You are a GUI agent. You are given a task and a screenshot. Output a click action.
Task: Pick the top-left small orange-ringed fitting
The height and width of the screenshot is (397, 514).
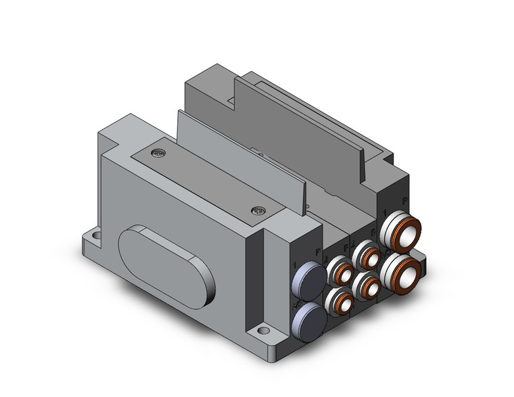[338, 274]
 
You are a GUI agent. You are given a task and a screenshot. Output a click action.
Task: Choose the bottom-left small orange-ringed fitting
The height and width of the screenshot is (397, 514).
[340, 302]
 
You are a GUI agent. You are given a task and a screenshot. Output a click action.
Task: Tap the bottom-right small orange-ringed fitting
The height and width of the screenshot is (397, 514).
[370, 287]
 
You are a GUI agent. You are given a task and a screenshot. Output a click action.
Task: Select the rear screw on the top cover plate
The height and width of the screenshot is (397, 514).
[159, 153]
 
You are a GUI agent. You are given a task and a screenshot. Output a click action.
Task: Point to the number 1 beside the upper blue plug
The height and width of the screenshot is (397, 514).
[294, 266]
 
